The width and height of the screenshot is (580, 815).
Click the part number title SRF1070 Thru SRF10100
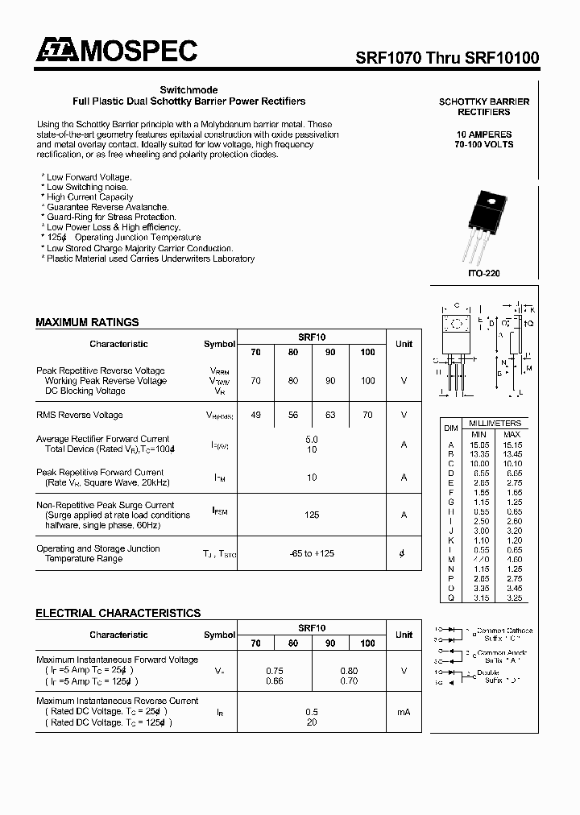(x=448, y=58)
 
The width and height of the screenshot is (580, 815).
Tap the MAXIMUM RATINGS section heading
(x=87, y=322)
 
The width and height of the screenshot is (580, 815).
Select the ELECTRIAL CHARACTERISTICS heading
(x=118, y=613)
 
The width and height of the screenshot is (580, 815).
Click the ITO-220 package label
(x=483, y=274)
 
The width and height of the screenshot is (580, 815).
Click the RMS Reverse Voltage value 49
(x=255, y=415)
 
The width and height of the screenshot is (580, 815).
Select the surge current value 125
(x=312, y=515)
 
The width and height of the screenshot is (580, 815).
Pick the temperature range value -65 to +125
(x=312, y=553)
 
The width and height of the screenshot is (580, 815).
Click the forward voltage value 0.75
(x=275, y=671)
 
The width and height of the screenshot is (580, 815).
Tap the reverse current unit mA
(x=404, y=712)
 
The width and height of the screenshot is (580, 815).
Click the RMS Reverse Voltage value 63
(x=330, y=415)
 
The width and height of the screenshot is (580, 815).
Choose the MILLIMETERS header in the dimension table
(x=495, y=424)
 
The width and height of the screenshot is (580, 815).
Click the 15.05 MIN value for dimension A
(x=479, y=445)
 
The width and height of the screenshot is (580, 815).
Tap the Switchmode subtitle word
(x=188, y=90)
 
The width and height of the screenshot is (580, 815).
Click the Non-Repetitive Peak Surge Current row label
(x=105, y=505)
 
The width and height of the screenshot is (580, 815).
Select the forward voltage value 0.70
(x=349, y=681)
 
